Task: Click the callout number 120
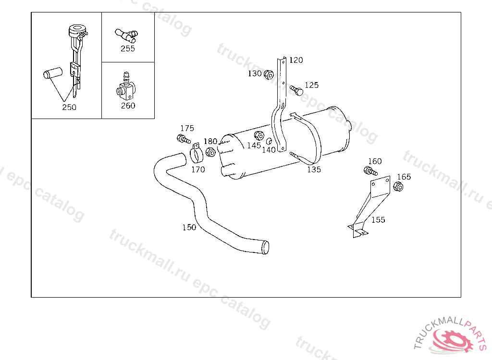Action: pos(296,60)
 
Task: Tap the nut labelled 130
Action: pos(269,74)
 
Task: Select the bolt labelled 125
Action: pos(296,90)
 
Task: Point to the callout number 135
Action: pos(314,169)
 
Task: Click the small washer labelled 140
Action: pos(269,141)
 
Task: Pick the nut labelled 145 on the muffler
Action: pos(259,136)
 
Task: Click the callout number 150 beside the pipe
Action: pos(189,227)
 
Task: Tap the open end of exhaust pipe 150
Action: pos(265,247)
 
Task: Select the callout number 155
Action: pos(378,220)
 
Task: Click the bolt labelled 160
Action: pos(370,171)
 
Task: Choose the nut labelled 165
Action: pos(398,187)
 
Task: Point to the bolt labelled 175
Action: pos(184,139)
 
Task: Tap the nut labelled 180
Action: pos(210,153)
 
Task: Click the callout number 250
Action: pos(69,107)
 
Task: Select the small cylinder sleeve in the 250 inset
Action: pos(53,73)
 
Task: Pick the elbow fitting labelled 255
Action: pos(126,35)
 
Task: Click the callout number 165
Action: pos(404,177)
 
